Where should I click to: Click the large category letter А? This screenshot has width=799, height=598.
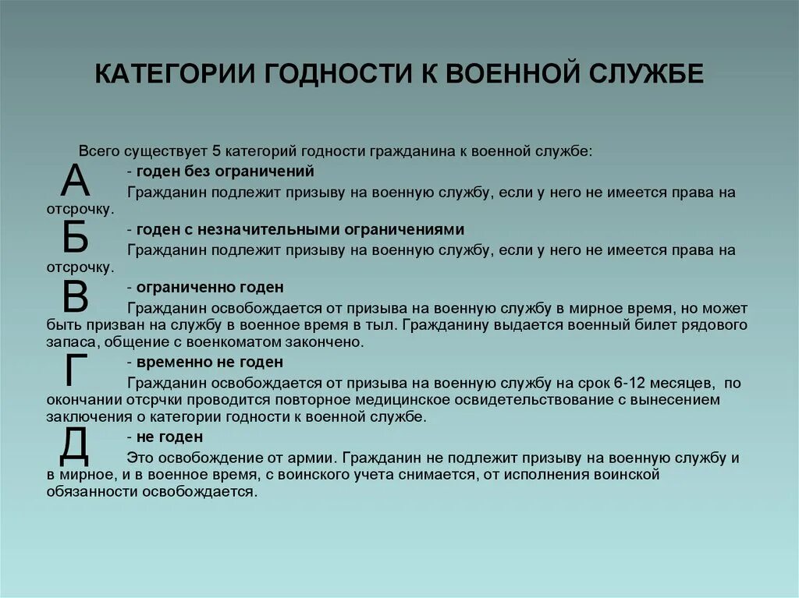click(76, 182)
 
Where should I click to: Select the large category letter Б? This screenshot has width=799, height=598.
click(76, 238)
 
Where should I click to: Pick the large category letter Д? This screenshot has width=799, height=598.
click(75, 446)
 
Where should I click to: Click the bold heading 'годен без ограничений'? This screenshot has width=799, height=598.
click(225, 172)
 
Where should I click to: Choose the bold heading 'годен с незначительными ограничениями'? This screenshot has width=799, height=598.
click(300, 229)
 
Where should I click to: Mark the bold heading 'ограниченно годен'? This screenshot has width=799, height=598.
click(210, 288)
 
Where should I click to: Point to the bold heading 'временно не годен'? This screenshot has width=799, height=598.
click(209, 363)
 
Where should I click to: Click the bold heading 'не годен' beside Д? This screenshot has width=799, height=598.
click(169, 437)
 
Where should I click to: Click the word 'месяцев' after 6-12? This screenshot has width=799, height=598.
click(679, 383)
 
